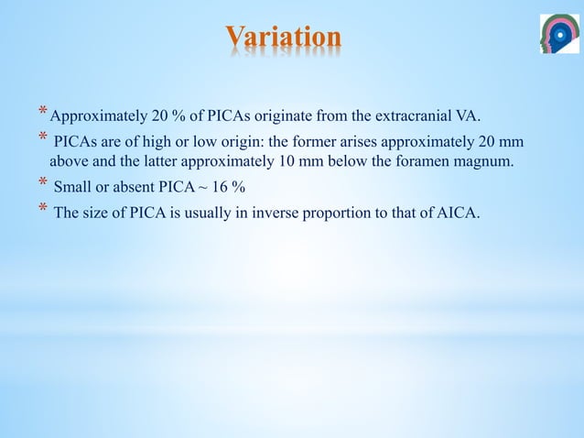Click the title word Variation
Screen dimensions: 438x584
283,38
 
